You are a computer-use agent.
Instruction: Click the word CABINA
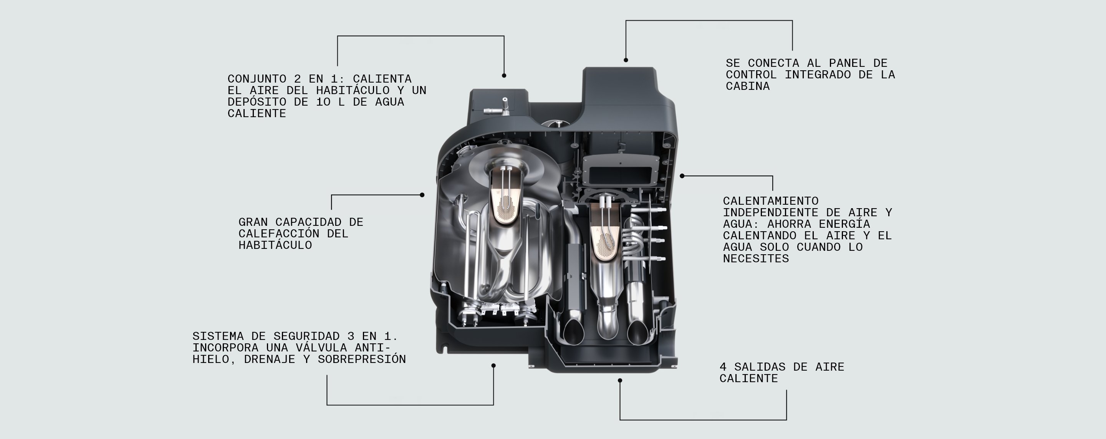click(x=747, y=86)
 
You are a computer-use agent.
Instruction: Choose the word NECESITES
click(x=756, y=258)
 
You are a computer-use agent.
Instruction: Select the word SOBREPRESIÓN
click(x=361, y=359)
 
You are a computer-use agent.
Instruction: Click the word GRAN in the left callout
click(x=253, y=222)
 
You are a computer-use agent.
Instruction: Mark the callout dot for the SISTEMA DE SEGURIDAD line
click(x=493, y=366)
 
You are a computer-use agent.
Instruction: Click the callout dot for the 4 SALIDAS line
click(x=619, y=381)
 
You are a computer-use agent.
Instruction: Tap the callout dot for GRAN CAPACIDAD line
click(x=422, y=195)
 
